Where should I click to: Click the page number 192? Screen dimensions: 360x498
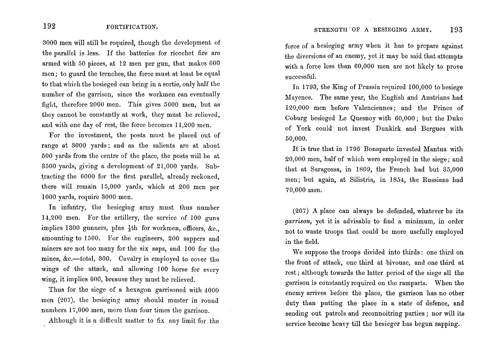pos(49,26)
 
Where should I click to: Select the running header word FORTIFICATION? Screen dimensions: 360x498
pos(132,27)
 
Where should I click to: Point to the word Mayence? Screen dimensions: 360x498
pos(299,97)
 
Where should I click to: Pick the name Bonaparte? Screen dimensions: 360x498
pos(368,149)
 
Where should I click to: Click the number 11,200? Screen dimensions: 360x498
pos(174,125)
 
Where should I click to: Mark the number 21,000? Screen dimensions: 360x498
pos(170,166)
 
